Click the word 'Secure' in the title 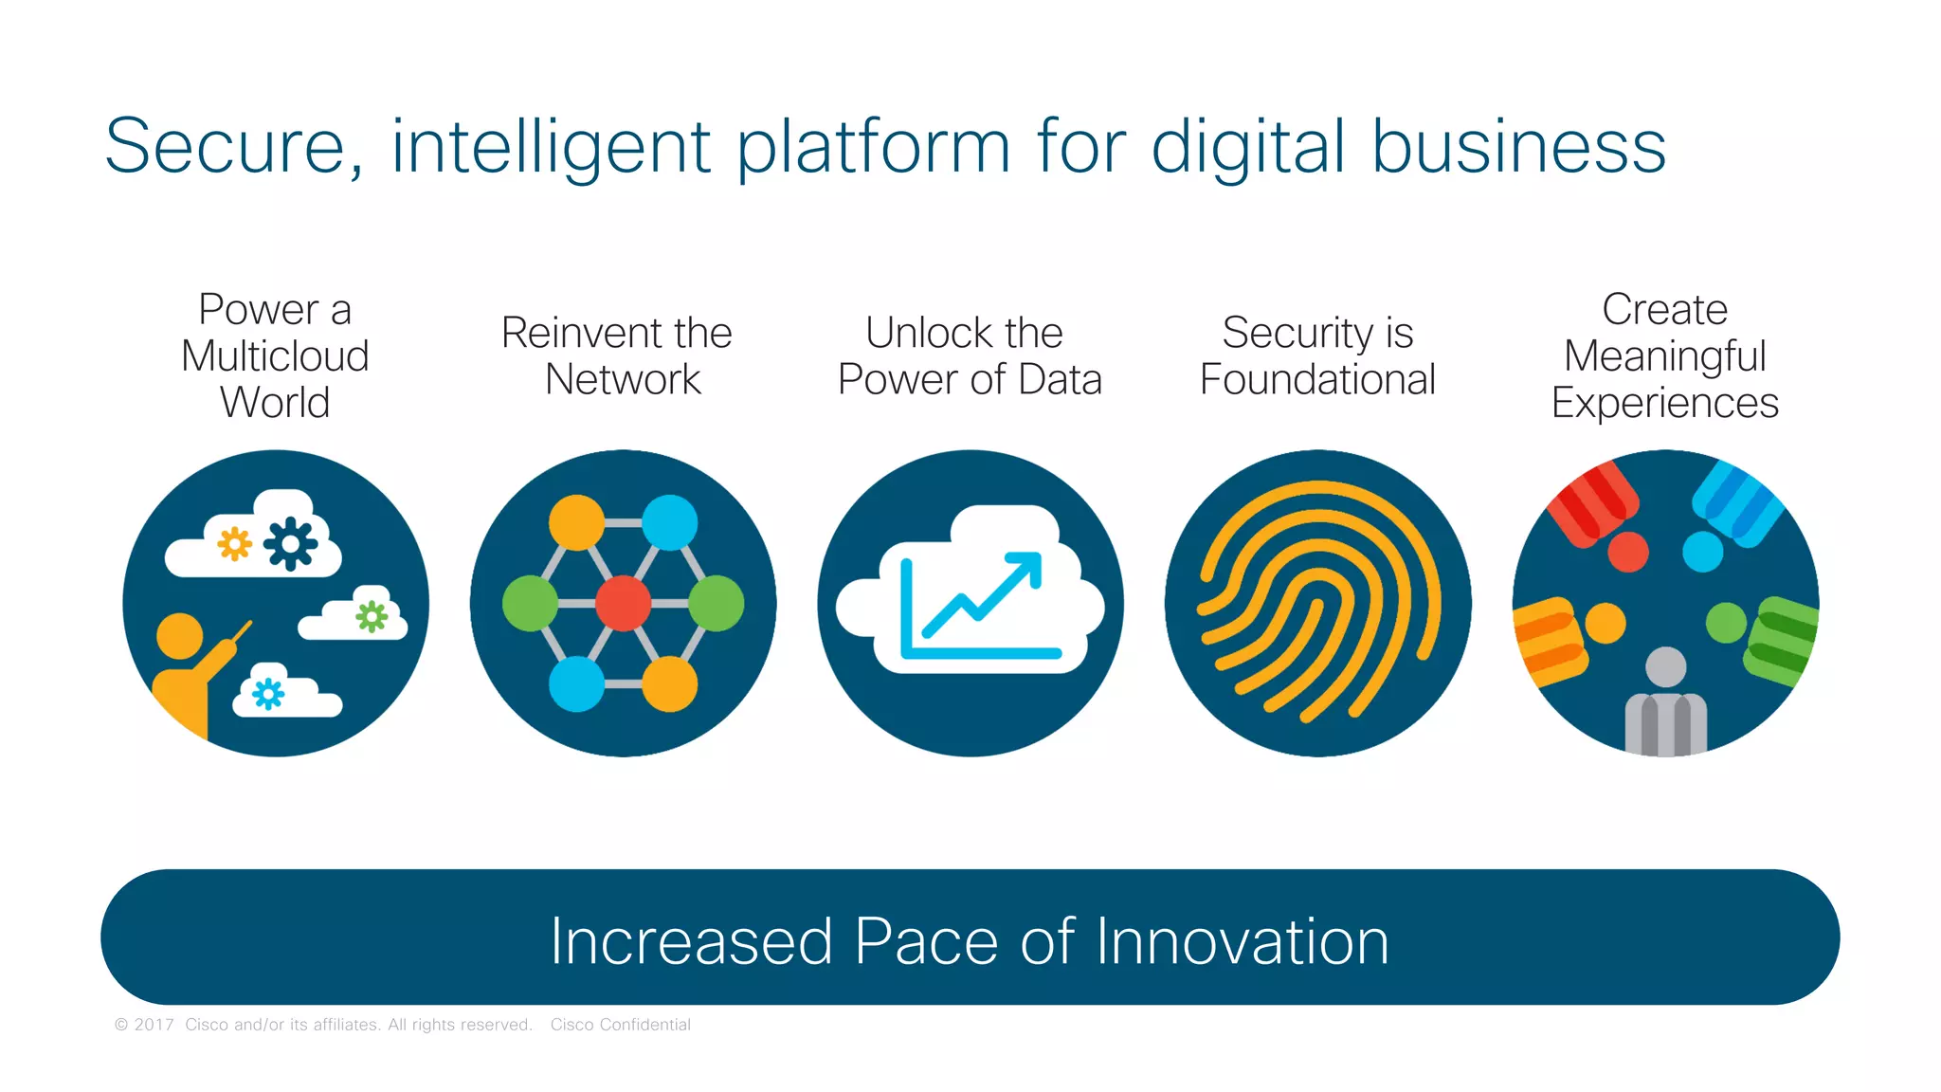[x=225, y=147]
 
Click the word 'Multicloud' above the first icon [x=275, y=356]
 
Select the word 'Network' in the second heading [x=623, y=380]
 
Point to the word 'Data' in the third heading [x=1060, y=380]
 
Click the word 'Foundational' [x=1317, y=380]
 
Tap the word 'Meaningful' [x=1664, y=356]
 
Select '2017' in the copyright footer [x=154, y=1025]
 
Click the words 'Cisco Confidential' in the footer [x=620, y=1025]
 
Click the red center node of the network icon [x=623, y=603]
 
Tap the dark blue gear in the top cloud [x=290, y=543]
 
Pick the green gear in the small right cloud [x=372, y=617]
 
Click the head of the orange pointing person [x=179, y=635]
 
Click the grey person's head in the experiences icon [x=1665, y=666]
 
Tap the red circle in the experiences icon [x=1627, y=552]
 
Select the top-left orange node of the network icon [x=576, y=522]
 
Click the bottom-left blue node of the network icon [x=576, y=683]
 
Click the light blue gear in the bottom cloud [x=268, y=694]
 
